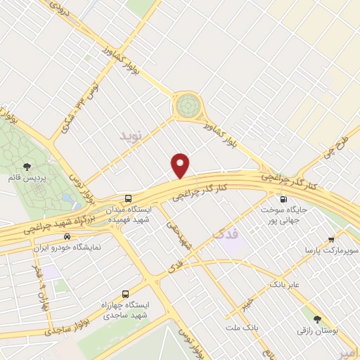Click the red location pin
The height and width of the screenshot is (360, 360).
(181, 166)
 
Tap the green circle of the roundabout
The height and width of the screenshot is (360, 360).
(187, 106)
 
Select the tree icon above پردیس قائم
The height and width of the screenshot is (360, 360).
(27, 167)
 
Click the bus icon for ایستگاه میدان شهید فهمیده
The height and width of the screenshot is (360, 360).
(128, 199)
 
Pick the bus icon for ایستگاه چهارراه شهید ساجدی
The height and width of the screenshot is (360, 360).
(125, 293)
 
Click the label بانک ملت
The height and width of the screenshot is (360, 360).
(243, 328)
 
